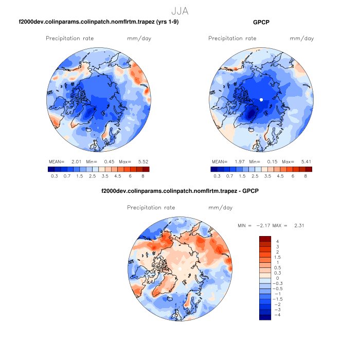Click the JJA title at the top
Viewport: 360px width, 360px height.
[x=180, y=10]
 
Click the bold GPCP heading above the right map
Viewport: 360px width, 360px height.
[x=261, y=22]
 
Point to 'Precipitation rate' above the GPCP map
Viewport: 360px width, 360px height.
[x=232, y=39]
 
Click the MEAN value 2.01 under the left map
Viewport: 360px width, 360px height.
[x=73, y=161]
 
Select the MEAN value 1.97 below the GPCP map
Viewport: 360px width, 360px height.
[x=236, y=161]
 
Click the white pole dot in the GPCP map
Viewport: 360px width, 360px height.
[x=261, y=99]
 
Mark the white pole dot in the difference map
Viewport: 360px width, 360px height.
[x=180, y=268]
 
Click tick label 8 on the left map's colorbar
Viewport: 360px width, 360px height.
[x=142, y=176]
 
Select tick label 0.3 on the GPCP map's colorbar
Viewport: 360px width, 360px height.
[x=217, y=176]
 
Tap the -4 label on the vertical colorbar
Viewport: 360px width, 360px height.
[x=277, y=315]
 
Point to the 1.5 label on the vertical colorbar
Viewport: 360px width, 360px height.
[x=278, y=257]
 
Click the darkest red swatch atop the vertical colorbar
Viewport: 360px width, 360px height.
[x=265, y=238]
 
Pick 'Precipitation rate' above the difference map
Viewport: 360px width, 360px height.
[x=151, y=208]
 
